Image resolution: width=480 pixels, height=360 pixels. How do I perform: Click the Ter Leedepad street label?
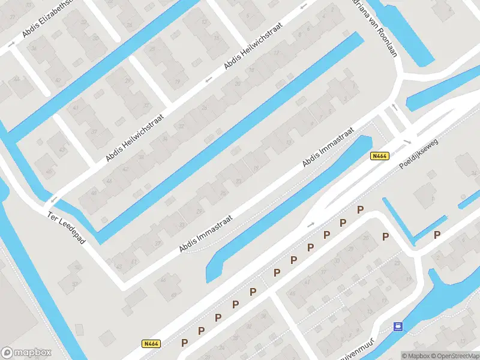[x=67, y=227]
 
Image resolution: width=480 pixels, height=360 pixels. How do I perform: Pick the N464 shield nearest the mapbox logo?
[x=151, y=344]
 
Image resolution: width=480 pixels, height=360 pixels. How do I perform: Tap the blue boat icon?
[x=397, y=327]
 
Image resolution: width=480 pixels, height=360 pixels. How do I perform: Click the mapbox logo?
[x=26, y=353]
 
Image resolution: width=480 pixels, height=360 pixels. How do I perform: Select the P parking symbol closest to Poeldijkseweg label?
[x=360, y=209]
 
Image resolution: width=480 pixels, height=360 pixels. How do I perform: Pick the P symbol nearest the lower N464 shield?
[x=185, y=343]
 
